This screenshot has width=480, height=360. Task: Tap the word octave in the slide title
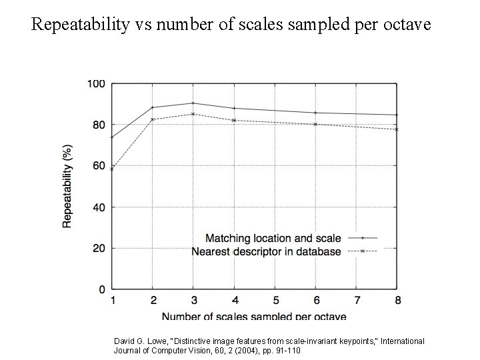(406, 26)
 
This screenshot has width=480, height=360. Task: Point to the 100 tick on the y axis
(96, 83)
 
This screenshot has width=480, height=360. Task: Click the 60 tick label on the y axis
(99, 166)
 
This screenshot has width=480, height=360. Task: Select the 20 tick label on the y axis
(99, 248)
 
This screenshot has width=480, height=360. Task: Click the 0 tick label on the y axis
(102, 289)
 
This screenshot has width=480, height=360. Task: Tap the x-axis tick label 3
(193, 301)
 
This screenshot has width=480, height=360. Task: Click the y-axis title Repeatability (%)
(67, 187)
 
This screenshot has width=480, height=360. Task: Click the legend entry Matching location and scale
(273, 238)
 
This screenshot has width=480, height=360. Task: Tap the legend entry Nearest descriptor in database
(267, 251)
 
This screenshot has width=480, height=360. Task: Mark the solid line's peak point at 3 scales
(193, 103)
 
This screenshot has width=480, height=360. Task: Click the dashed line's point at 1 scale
(112, 169)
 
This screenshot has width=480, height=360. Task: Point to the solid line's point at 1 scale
(112, 137)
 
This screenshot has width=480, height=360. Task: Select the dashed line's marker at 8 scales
(397, 129)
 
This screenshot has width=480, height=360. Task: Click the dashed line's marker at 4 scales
(234, 121)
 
